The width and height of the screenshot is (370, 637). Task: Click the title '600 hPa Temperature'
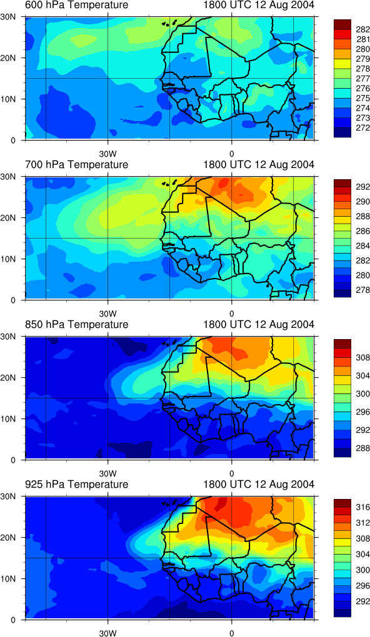[x=76, y=5]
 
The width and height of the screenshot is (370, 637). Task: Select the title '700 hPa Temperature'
[x=76, y=164]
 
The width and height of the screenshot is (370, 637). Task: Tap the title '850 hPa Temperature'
[x=76, y=325]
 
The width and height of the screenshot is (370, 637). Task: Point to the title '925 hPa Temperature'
[x=76, y=484]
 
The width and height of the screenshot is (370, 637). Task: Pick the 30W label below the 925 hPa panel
[x=108, y=633]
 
